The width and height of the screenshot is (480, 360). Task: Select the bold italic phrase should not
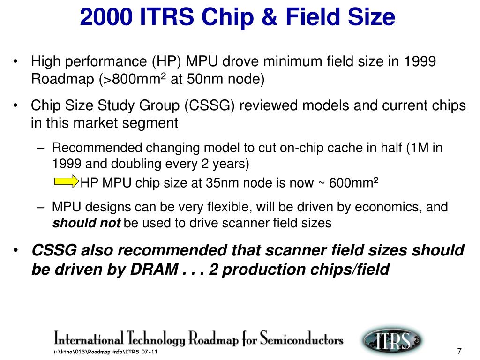pos(86,223)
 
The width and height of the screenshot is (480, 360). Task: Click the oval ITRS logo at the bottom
pos(392,339)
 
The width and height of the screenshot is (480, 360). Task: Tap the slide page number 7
pos(459,352)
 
